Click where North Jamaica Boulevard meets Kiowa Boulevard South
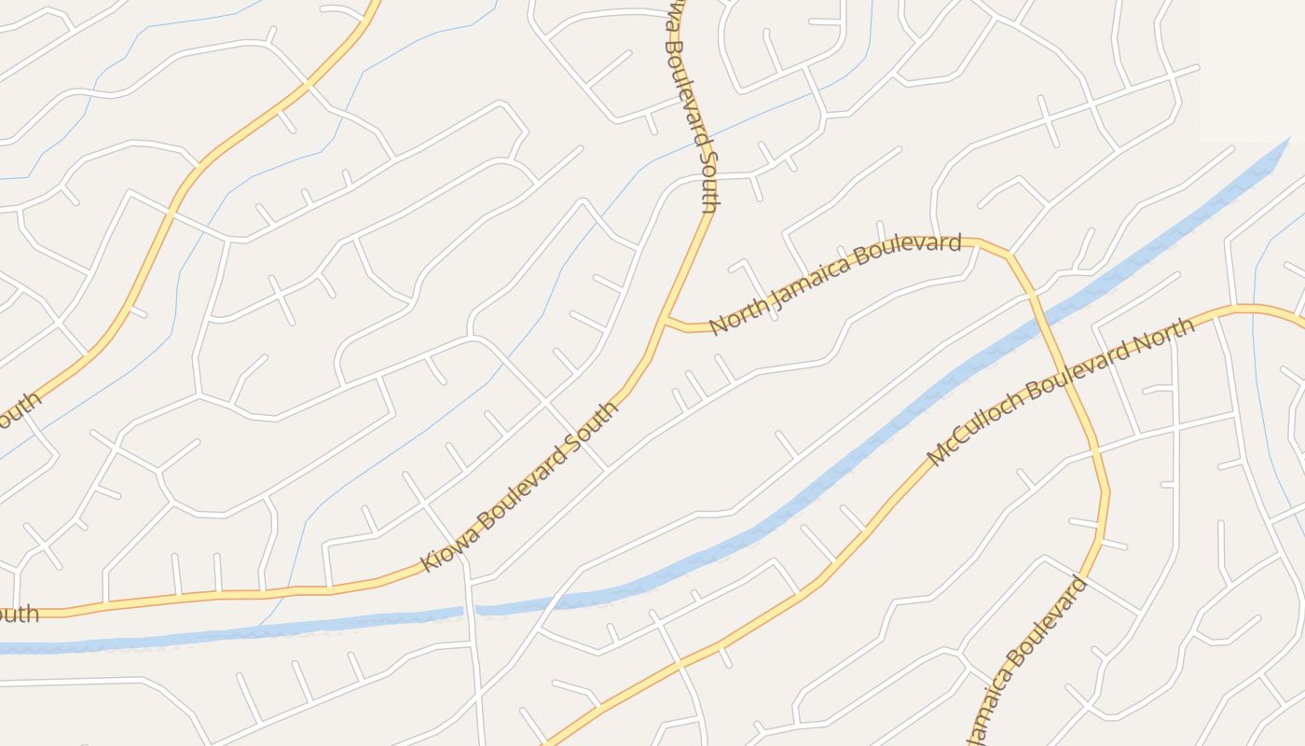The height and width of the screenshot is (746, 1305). pyautogui.click(x=666, y=322)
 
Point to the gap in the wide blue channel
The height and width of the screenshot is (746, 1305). pyautogui.click(x=470, y=611)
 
